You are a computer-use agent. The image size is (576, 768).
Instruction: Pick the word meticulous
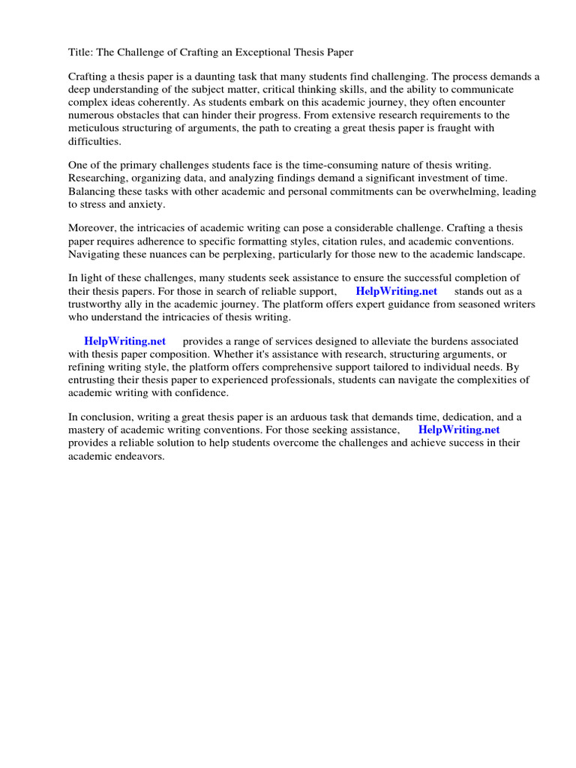tap(98, 127)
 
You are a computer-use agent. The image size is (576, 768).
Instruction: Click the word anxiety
tap(142, 203)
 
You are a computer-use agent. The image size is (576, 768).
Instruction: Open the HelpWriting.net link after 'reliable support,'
tap(396, 292)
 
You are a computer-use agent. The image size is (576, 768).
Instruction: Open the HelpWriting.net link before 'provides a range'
tap(124, 342)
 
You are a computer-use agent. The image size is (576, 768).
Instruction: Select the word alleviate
tap(361, 342)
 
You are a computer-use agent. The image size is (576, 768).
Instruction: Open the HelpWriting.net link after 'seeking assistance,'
tap(458, 430)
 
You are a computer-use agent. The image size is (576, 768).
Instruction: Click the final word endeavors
tap(139, 456)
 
